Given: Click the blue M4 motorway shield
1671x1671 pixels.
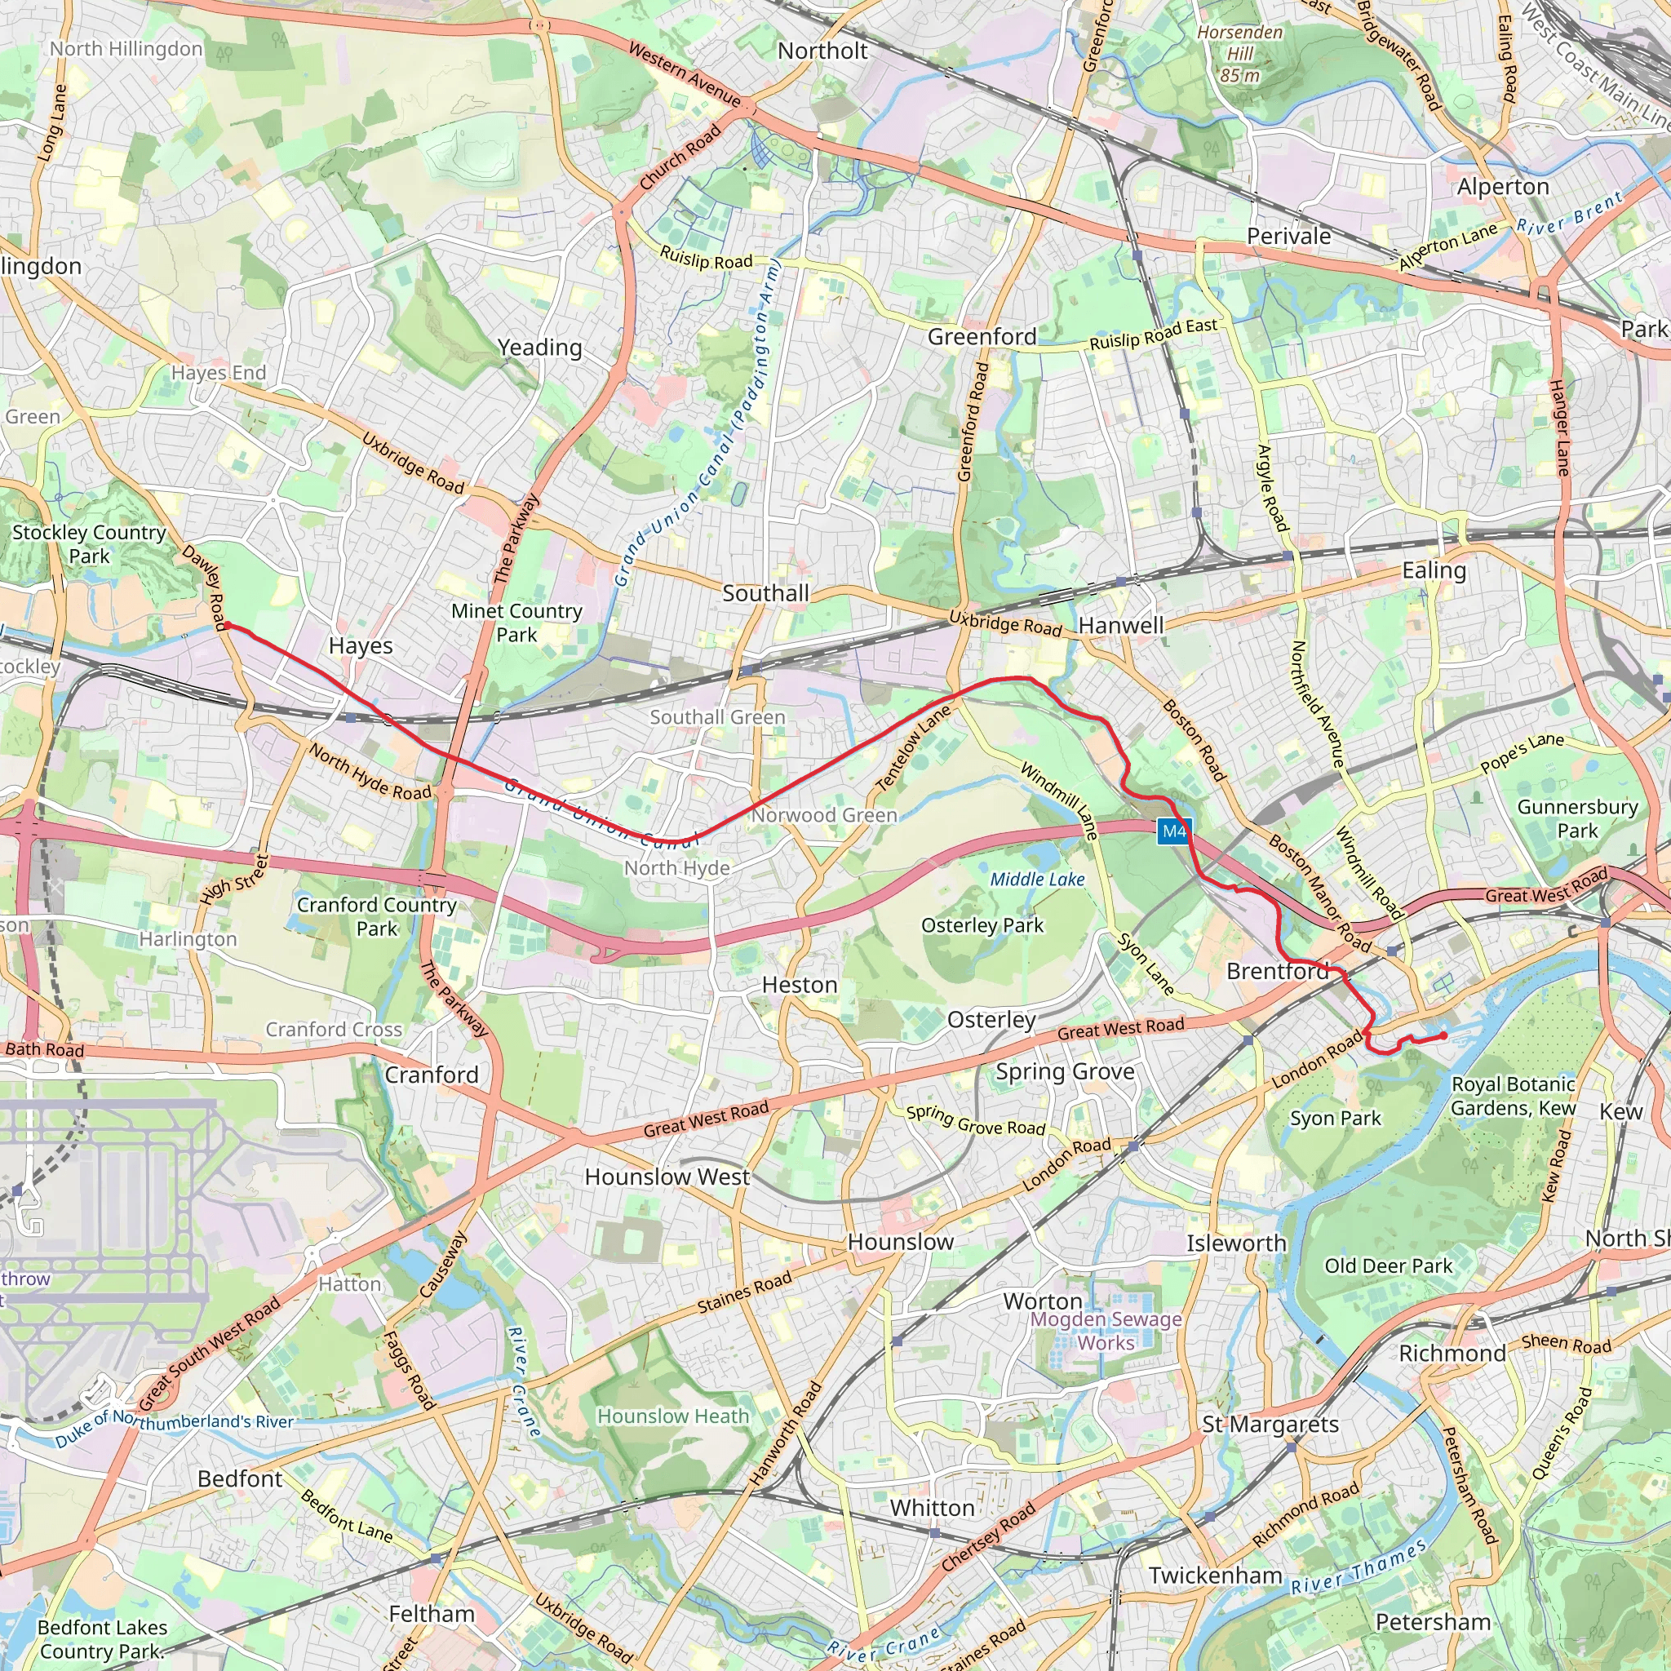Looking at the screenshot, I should click(x=1173, y=831).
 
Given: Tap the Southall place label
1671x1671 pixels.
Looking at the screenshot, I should click(x=765, y=593).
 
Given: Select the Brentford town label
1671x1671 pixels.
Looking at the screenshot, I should click(x=1277, y=971).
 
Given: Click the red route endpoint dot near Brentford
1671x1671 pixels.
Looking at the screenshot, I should click(x=1443, y=1035).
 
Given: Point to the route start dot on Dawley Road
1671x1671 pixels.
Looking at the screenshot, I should click(x=228, y=625).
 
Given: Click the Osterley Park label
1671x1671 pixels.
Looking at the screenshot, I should click(x=982, y=925).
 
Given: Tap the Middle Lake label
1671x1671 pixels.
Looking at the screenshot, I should click(x=1036, y=880).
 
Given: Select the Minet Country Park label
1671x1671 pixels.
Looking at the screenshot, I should click(x=516, y=623).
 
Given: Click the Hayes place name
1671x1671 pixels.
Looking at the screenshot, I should click(x=361, y=646).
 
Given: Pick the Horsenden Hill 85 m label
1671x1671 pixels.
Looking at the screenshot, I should click(x=1239, y=54).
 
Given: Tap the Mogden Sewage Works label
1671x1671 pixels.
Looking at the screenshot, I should click(x=1106, y=1331).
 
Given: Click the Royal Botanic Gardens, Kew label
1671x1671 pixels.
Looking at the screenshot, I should click(x=1513, y=1096).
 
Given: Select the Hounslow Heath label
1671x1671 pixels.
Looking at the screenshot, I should click(x=673, y=1416).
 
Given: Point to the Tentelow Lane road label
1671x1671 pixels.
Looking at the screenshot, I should click(x=913, y=747).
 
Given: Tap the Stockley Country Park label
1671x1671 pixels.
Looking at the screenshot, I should click(x=89, y=544).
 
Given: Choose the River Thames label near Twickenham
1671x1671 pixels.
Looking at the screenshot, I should click(x=1358, y=1567).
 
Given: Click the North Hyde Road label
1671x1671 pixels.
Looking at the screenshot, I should click(x=370, y=773).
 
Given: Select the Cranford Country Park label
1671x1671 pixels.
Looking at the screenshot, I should click(x=376, y=916).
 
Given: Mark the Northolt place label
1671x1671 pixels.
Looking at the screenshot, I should click(x=822, y=51).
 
